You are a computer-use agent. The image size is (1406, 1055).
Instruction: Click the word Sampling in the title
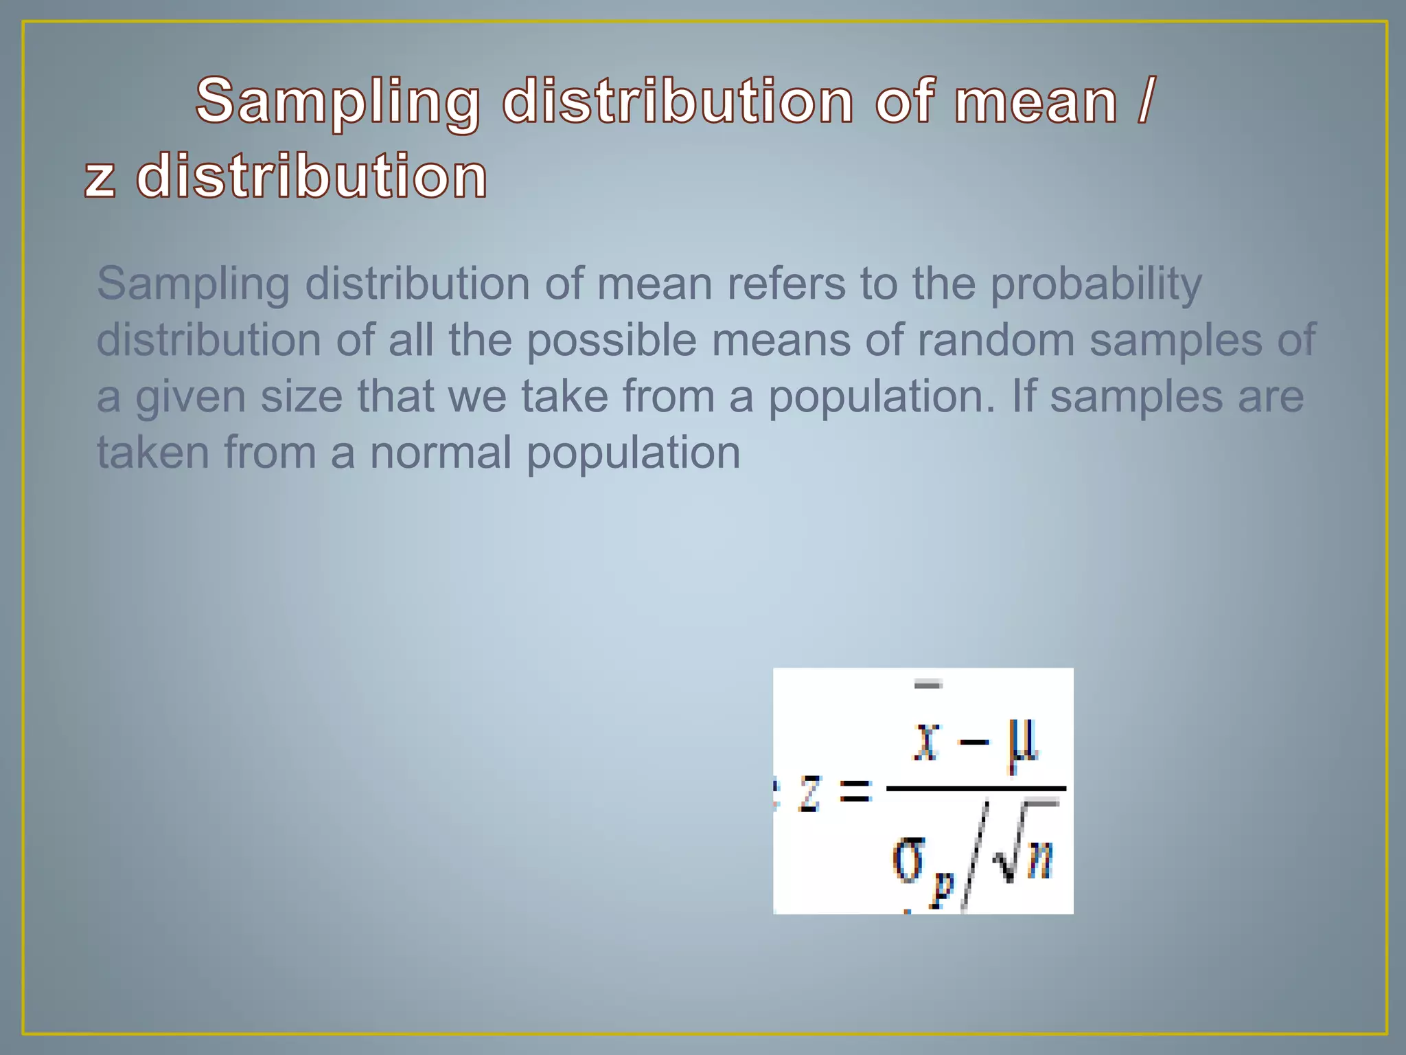[x=337, y=103]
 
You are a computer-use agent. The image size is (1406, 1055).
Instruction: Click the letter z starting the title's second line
[x=100, y=178]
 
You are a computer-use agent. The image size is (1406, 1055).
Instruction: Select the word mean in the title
[x=1036, y=103]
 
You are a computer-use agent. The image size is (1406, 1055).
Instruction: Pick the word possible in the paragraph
[x=611, y=341]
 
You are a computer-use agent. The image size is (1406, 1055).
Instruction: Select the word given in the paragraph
[x=190, y=398]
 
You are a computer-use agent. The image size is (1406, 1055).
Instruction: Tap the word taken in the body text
[x=152, y=453]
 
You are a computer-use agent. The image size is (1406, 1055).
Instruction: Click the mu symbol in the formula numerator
[x=1023, y=745]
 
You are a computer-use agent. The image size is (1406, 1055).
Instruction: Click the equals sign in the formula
[x=855, y=791]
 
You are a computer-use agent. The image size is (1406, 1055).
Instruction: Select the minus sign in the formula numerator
[x=974, y=742]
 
